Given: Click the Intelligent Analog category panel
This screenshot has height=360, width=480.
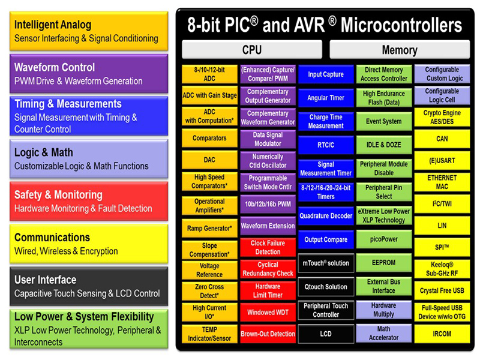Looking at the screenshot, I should point(89,31).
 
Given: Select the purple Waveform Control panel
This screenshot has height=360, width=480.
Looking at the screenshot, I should point(89,74).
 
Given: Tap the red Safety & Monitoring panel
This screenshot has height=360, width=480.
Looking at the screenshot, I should point(89,202).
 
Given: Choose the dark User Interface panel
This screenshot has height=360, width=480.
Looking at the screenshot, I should point(89,286).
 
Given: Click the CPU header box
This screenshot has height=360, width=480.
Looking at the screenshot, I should point(251,50).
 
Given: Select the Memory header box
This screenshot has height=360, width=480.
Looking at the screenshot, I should point(399,50).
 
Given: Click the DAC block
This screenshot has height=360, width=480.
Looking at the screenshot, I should point(209,160).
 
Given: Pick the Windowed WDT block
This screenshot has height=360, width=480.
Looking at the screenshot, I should point(268,312).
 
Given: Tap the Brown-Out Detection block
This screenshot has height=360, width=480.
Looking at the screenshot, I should point(268,334).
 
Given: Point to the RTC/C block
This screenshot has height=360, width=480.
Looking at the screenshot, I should point(326,145).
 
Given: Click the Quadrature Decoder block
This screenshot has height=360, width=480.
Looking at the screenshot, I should point(326,216).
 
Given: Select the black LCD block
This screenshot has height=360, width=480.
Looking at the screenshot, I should point(326,334).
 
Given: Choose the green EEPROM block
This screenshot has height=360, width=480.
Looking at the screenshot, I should point(383,263).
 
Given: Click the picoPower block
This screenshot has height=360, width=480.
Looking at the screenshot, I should point(383,239).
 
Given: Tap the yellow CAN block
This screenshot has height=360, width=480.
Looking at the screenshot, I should point(442,139).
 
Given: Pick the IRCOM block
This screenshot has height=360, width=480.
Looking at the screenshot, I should point(442,334).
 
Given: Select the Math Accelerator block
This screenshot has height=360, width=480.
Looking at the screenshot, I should point(383,333).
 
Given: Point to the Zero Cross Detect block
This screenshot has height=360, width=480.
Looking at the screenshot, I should point(209,291).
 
